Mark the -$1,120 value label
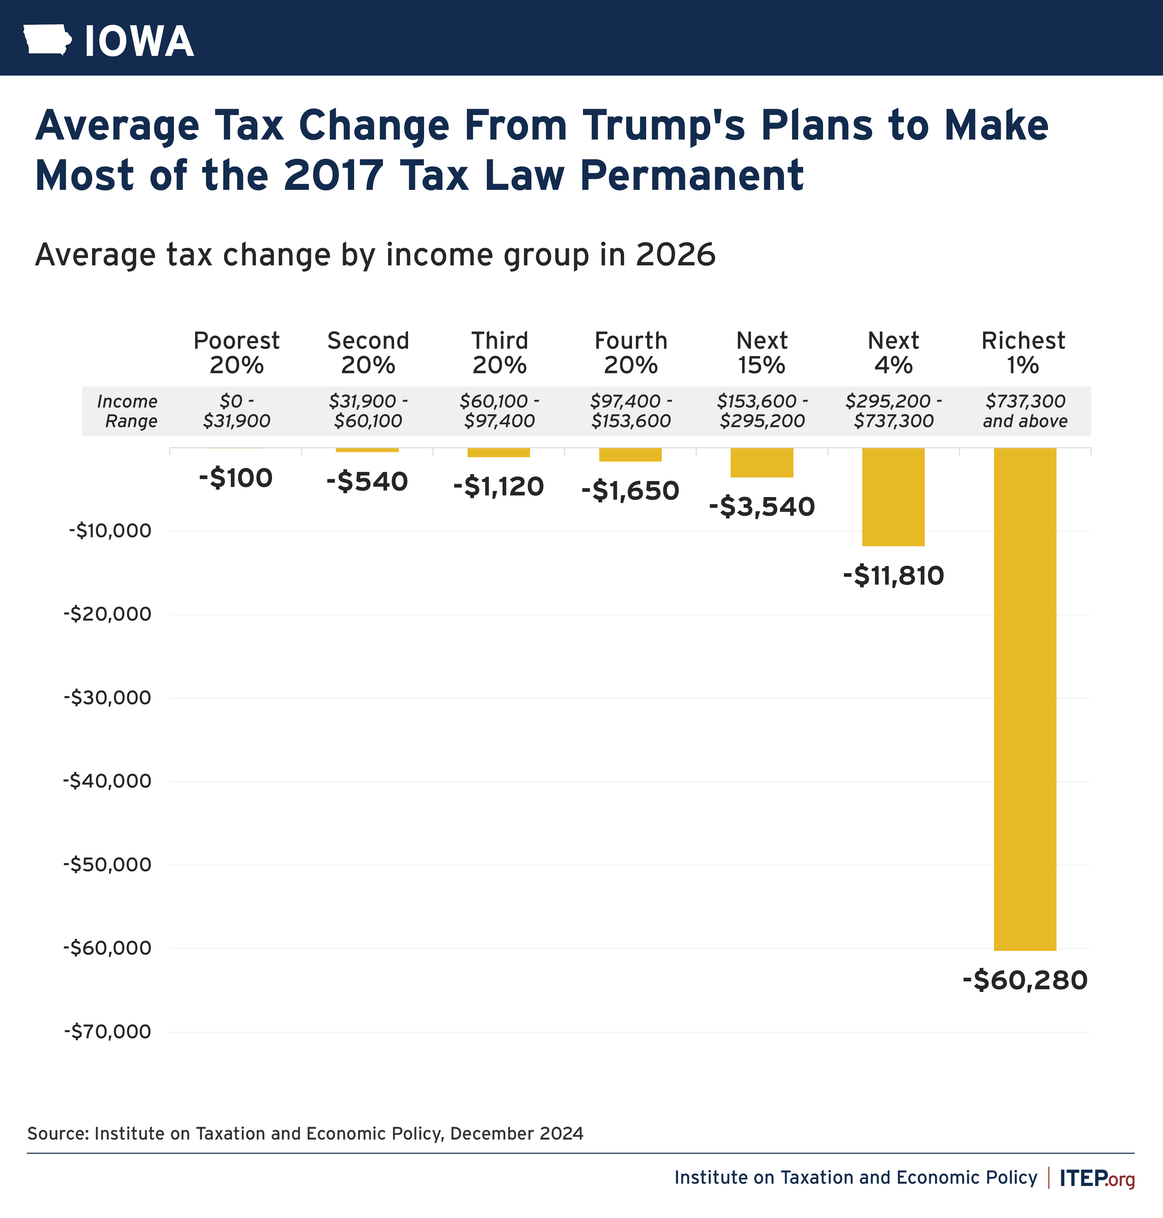tap(498, 486)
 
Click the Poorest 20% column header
tap(236, 353)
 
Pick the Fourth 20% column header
tap(630, 353)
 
